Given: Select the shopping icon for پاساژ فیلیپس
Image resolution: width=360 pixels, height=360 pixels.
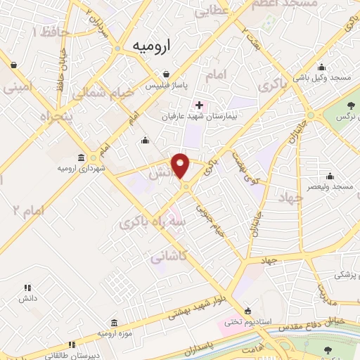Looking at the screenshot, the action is [166, 74].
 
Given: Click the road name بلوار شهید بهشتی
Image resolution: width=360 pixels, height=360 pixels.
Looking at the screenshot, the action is [204, 306].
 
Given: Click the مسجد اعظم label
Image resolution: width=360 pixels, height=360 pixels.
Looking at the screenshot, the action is [290, 4].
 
